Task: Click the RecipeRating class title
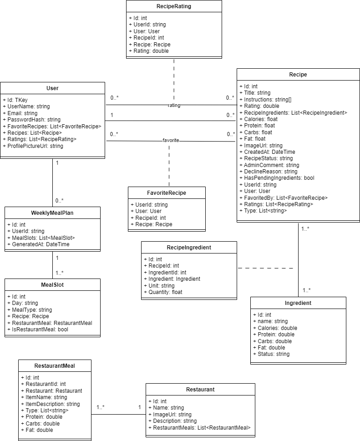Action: pyautogui.click(x=173, y=6)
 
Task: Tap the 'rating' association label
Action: pyautogui.click(x=174, y=105)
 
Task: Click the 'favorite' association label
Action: pyautogui.click(x=171, y=141)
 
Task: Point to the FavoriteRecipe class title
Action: pyautogui.click(x=166, y=193)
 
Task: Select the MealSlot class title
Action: pyautogui.click(x=52, y=285)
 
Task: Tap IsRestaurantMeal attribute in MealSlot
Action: pyautogui.click(x=37, y=329)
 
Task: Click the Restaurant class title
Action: pyautogui.click(x=200, y=390)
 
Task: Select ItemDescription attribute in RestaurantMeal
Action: pyautogui.click(x=50, y=404)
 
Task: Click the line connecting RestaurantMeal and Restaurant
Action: pyautogui.click(x=118, y=414)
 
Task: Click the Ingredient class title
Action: pyautogui.click(x=298, y=303)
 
